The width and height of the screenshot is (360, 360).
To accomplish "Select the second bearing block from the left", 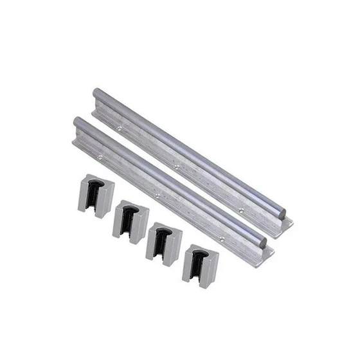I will coord(130,221).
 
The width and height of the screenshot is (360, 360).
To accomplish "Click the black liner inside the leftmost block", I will coord(94,192).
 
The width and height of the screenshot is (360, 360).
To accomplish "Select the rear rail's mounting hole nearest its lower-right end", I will coord(240,210).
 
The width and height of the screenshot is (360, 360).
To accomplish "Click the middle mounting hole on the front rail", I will coord(156,194).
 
